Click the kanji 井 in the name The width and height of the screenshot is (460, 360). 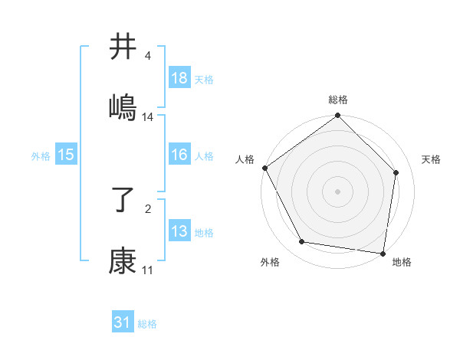[x=123, y=47]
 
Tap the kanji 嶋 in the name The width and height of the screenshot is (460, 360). [x=123, y=107]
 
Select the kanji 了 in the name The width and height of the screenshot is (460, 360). [x=123, y=201]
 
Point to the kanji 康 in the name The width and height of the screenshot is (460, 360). [x=123, y=261]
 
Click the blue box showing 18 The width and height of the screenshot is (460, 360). [x=179, y=78]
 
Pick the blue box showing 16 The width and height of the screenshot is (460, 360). [x=179, y=155]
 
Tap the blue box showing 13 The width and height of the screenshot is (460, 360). [x=179, y=231]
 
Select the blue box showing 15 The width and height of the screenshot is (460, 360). [x=66, y=155]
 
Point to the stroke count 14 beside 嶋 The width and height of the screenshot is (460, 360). [x=148, y=117]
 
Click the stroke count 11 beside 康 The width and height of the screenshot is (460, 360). [x=147, y=270]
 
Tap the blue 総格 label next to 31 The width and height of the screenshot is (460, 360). [x=147, y=324]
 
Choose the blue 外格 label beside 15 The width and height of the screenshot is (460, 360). [x=41, y=155]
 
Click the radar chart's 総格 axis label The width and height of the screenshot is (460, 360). [x=337, y=100]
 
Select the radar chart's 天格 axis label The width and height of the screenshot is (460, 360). [x=431, y=159]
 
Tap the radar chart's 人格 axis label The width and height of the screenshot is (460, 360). [x=245, y=159]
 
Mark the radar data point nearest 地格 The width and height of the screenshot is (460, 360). [x=383, y=253]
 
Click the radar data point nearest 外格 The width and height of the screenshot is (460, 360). [x=302, y=242]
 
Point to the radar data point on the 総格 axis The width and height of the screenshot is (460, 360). [x=337, y=116]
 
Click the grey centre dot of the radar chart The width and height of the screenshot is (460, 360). [x=337, y=191]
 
